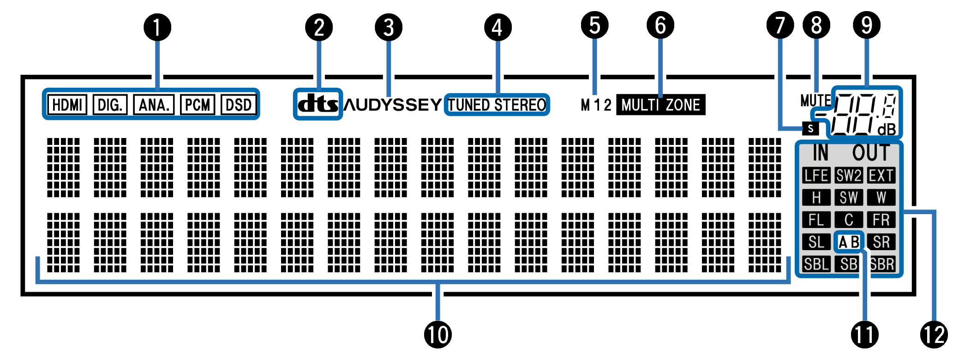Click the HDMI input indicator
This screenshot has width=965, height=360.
[67, 105]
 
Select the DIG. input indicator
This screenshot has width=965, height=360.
[110, 105]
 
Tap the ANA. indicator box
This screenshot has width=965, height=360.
[154, 105]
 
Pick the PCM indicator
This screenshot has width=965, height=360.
[198, 105]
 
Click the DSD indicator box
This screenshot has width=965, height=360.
[239, 105]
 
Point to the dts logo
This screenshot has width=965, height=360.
[318, 104]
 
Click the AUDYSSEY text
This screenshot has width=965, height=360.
[393, 105]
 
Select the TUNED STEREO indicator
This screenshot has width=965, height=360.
[497, 105]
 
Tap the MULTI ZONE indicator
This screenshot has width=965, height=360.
[660, 105]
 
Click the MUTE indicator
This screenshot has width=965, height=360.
[815, 100]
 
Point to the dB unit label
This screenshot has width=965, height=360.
[886, 130]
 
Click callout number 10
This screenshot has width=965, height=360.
[438, 334]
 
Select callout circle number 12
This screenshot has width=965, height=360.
[934, 334]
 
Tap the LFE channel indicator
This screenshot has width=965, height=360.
[816, 175]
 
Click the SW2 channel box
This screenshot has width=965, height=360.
[849, 175]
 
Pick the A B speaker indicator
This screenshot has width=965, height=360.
[849, 242]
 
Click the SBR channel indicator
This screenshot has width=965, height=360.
[882, 264]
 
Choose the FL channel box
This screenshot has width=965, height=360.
[816, 220]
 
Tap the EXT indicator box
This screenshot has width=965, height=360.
[881, 175]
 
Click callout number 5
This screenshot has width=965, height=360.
[594, 25]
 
